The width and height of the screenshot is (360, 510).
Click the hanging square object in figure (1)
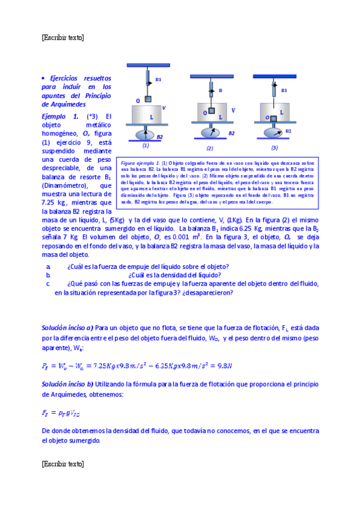coord(148,99)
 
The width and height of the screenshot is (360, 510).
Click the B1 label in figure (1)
coord(158,79)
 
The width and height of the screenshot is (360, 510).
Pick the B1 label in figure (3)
coord(284,90)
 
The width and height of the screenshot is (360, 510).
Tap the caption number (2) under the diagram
coord(210,148)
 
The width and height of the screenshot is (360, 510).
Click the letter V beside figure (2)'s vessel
coord(233,111)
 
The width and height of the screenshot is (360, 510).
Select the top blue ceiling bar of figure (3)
coord(275,76)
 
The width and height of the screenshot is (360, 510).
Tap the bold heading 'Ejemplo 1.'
coord(59,116)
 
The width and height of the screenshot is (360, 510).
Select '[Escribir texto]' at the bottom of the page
coord(63,464)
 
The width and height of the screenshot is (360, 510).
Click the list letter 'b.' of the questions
coord(48,275)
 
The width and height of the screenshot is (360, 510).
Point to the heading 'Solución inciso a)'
coord(67,328)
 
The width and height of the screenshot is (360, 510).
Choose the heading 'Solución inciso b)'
coord(67,384)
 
